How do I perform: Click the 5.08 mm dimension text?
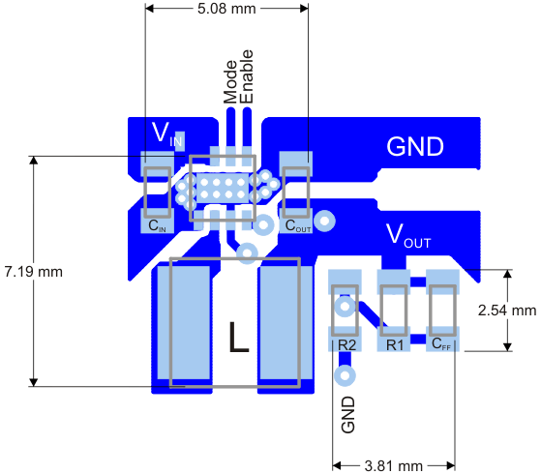pos(226,9)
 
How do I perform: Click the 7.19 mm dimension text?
pos(34,271)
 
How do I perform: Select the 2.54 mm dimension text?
pos(507,311)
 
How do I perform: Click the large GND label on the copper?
pos(415,147)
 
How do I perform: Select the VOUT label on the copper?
pos(408,234)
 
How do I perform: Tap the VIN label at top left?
pos(166,133)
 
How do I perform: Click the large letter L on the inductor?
pos(238,338)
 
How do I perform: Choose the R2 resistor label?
pos(346,343)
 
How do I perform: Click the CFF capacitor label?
pos(441,343)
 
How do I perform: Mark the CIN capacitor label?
pos(157,226)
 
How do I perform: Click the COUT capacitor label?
pos(296,226)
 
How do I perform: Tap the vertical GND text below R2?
pos(347,414)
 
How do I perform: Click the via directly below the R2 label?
pos(346,373)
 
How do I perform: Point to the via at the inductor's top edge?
pos(248,254)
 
